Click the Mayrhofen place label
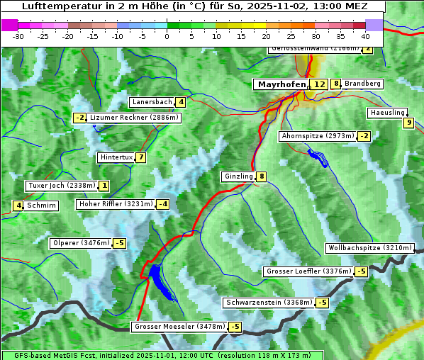pos(281,84)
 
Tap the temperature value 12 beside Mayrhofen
pos(319,84)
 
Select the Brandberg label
pos(362,84)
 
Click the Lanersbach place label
pos(152,102)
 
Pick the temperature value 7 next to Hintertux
pos(141,157)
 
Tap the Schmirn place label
pos(42,206)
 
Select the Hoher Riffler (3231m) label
pos(114,204)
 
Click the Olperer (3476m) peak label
pos(81,243)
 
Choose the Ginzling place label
pos(238,176)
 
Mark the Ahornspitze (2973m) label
pos(318,135)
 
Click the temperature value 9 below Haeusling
pos(408,123)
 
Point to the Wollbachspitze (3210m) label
pos(369,248)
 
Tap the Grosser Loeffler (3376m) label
pos(308,271)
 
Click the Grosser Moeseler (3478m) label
pos(179,327)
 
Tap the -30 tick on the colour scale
pos(18,35)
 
